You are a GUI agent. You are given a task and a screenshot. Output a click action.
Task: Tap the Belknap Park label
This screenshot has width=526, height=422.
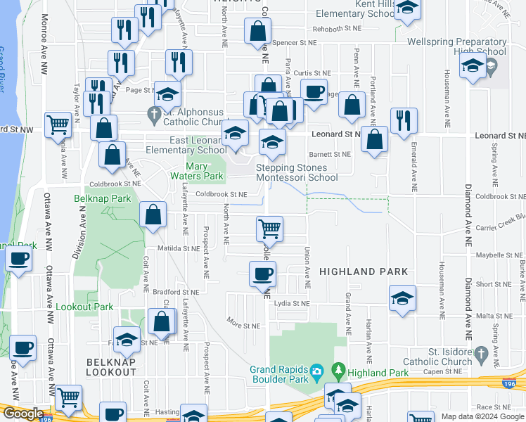tap(103, 199)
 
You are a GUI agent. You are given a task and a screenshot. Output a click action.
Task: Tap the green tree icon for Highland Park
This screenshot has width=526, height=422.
tap(339, 369)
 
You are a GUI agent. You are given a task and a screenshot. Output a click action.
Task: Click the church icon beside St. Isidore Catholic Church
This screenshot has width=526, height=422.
tap(481, 352)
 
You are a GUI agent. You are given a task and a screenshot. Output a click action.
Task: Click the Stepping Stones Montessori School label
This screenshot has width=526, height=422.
tap(297, 173)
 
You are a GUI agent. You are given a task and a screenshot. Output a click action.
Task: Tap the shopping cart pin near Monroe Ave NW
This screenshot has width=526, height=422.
tap(58, 125)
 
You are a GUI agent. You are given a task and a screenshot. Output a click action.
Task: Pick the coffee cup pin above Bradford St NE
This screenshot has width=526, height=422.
tap(263, 274)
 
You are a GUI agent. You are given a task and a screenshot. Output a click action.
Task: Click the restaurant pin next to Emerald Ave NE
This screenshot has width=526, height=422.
tap(404, 120)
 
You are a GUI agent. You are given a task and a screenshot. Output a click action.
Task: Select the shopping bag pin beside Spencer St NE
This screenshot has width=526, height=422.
tap(258, 31)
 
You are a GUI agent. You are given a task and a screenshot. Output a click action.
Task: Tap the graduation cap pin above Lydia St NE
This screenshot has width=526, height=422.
tap(402, 298)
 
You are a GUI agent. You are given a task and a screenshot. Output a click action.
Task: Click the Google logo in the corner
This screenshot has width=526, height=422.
tap(23, 414)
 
